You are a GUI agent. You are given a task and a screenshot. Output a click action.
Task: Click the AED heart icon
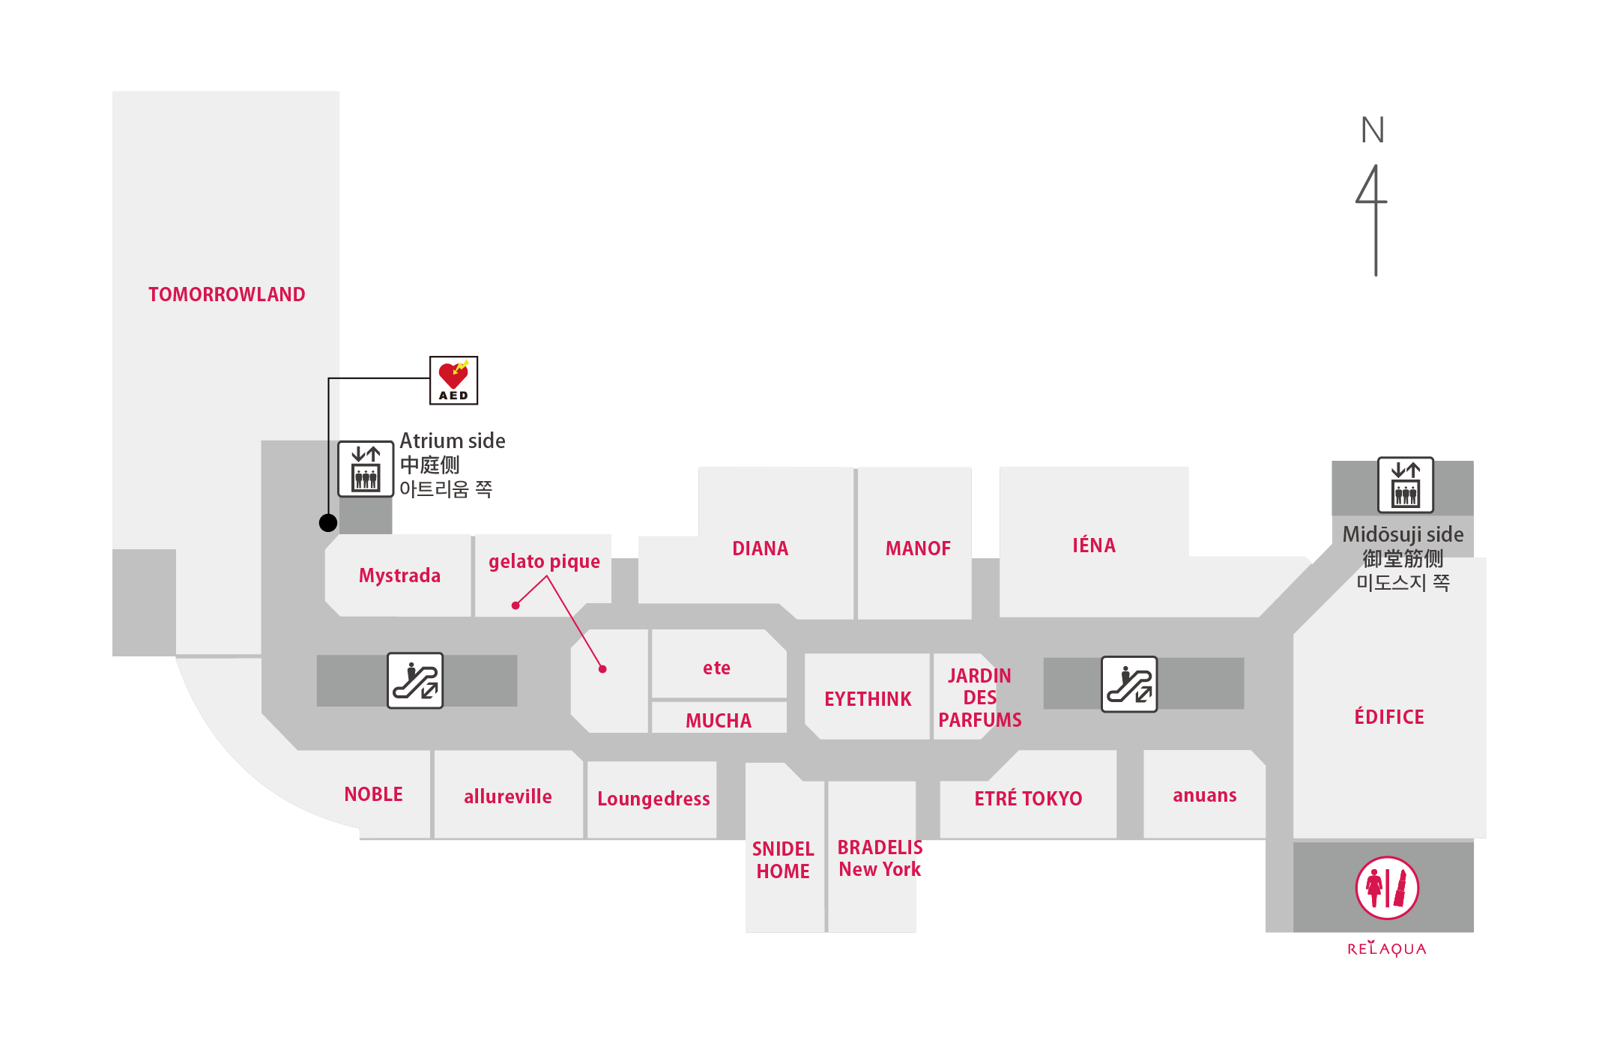point(453,381)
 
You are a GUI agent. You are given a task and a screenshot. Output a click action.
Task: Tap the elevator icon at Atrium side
point(366,469)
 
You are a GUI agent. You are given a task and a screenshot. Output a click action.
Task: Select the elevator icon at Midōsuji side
point(1406,485)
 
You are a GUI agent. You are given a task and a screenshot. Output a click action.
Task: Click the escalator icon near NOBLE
point(415,680)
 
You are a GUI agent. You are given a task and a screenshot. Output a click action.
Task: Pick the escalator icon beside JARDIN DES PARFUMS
point(1129,684)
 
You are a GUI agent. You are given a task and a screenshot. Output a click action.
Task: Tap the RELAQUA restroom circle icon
point(1387,888)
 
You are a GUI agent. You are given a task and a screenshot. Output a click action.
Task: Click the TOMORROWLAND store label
point(226,294)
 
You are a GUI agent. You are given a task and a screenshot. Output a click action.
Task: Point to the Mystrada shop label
point(399,575)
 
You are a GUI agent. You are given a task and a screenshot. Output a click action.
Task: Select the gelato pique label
point(544,562)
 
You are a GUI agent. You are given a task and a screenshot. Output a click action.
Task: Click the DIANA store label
point(760,548)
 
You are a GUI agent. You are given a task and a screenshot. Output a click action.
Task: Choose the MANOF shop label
point(918,548)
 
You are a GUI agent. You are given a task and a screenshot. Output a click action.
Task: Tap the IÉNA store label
point(1094,545)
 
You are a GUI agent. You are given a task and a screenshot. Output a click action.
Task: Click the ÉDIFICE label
point(1389,716)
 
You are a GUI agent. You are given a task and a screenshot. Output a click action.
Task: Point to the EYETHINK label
point(868,699)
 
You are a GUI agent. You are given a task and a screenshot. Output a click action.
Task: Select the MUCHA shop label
point(718,721)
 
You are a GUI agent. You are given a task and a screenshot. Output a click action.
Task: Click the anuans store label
point(1204,795)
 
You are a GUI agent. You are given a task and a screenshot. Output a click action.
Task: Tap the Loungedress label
point(653,799)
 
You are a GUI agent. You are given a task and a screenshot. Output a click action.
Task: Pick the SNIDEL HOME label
point(783,860)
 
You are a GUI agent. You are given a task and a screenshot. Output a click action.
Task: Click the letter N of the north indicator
point(1373,130)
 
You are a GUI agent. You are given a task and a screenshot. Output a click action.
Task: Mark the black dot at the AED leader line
point(328,523)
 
